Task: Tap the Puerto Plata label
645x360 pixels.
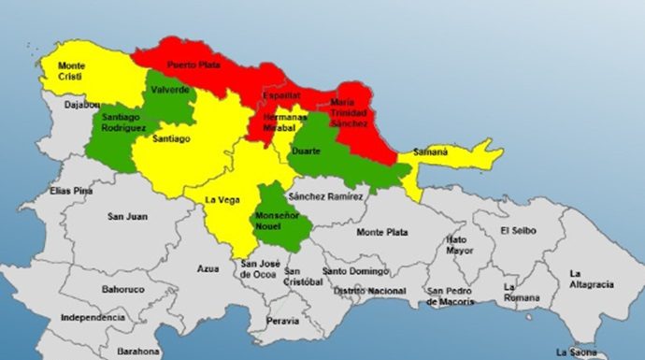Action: tap(192, 65)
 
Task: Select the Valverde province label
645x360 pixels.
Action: tap(169, 90)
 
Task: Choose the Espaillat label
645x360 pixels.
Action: tap(281, 95)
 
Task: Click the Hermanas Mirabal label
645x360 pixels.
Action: tap(285, 123)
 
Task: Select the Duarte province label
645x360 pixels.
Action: tap(307, 150)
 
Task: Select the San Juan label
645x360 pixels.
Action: tap(127, 217)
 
